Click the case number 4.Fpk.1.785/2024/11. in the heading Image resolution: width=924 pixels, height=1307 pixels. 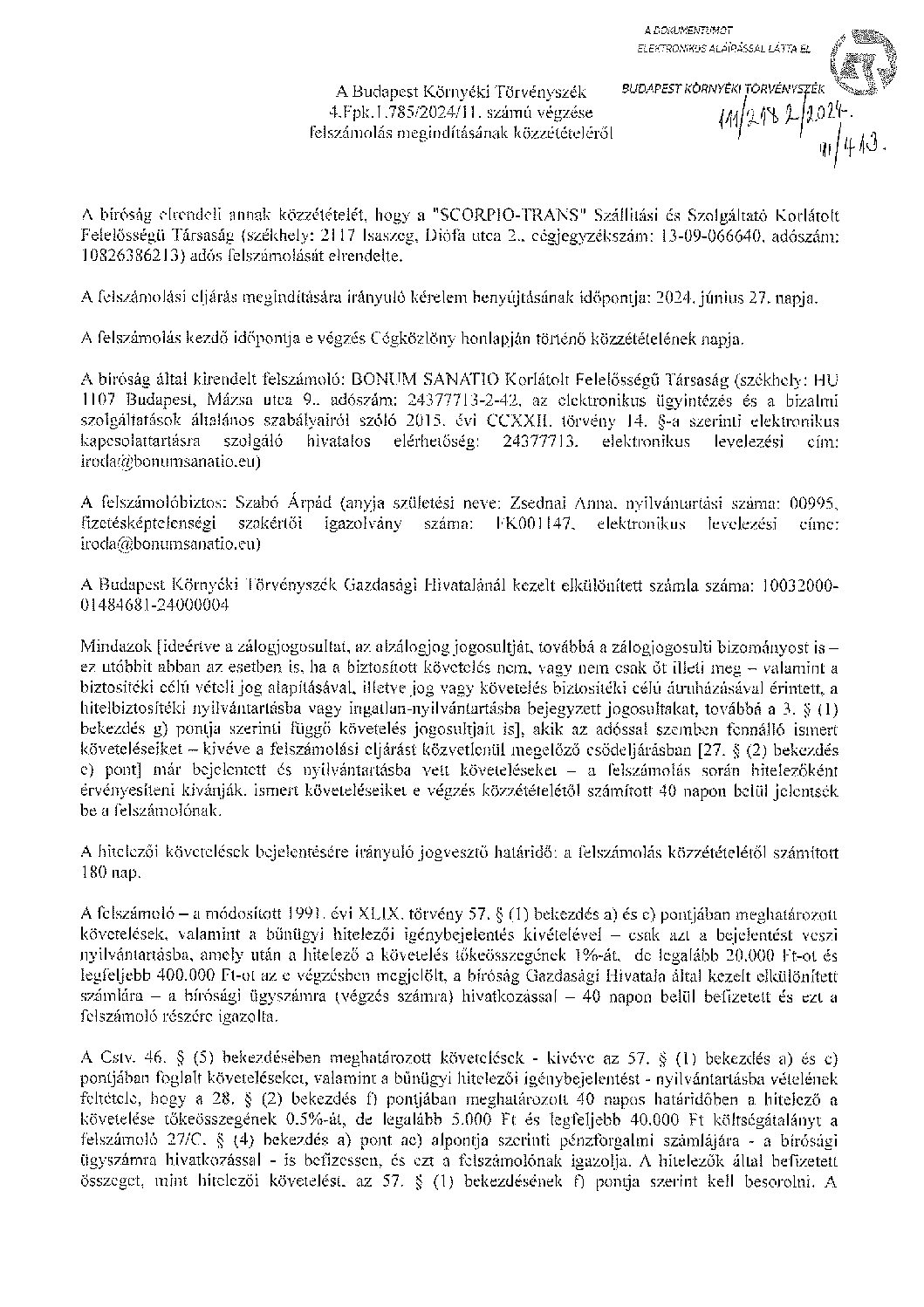[403, 113]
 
